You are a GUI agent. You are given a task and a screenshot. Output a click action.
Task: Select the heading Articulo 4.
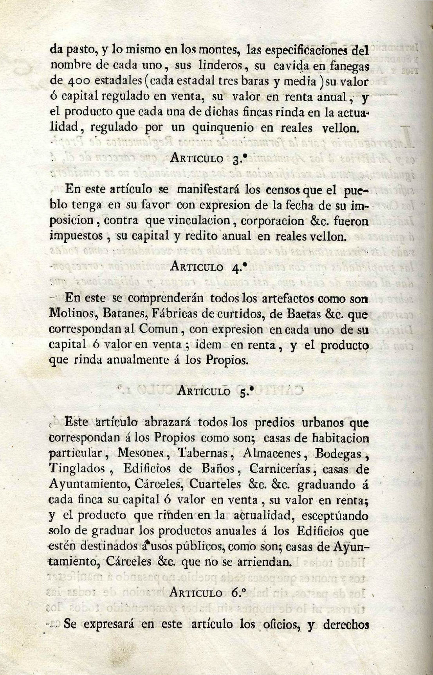(x=209, y=267)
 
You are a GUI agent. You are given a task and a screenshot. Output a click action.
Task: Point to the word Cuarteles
(x=215, y=484)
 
